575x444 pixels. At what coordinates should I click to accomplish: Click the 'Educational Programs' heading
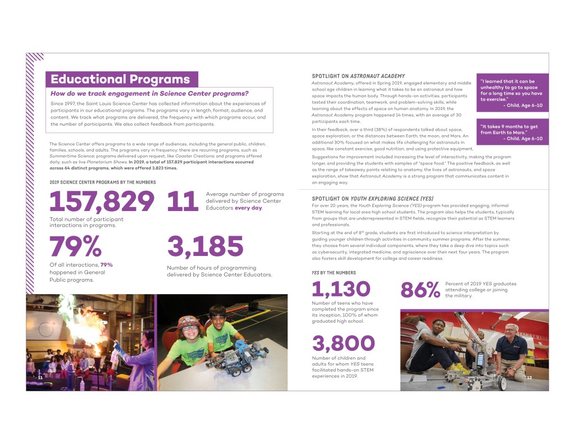click(x=120, y=79)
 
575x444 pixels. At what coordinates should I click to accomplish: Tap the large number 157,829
click(x=102, y=202)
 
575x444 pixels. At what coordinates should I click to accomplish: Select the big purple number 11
click(x=182, y=202)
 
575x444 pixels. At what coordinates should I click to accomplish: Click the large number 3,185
click(x=205, y=247)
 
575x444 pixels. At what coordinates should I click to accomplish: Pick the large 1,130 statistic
click(x=341, y=289)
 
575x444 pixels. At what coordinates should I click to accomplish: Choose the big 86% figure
click(x=420, y=290)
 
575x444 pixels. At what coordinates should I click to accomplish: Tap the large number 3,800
click(x=343, y=342)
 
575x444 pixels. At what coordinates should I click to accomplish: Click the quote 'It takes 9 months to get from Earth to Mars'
click(x=512, y=132)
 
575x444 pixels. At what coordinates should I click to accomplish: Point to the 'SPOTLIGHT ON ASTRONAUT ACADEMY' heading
click(x=358, y=76)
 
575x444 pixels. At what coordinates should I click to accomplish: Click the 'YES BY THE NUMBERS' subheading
click(x=334, y=273)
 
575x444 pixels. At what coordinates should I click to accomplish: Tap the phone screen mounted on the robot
click(x=482, y=360)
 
